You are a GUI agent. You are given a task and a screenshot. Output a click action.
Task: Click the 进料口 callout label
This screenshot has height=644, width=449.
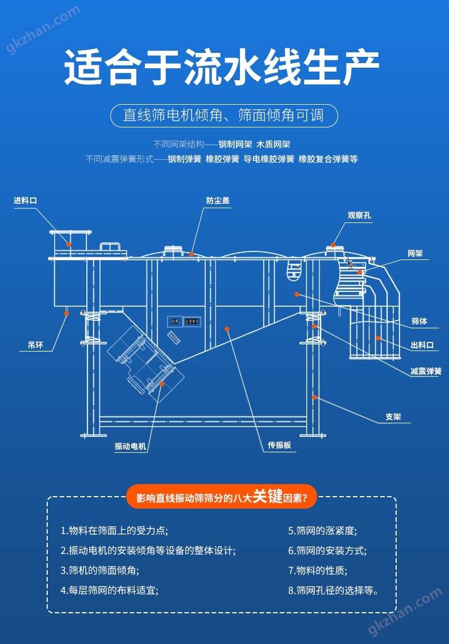(25, 200)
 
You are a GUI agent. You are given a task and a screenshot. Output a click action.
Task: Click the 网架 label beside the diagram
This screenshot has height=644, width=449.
(415, 253)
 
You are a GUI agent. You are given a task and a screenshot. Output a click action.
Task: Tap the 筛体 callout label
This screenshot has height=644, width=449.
(419, 321)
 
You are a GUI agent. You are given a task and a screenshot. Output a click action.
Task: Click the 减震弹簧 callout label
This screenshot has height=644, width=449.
(426, 371)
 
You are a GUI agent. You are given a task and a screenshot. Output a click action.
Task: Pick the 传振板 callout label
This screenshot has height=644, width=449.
(280, 445)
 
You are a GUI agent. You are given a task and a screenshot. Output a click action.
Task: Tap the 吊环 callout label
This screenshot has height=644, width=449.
(35, 345)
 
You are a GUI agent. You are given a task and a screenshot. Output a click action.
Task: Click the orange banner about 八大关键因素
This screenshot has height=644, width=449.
(222, 497)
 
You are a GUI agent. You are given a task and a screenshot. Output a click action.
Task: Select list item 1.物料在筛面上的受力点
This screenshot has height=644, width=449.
(114, 531)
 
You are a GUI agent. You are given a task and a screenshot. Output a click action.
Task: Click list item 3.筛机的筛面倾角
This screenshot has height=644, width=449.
(99, 569)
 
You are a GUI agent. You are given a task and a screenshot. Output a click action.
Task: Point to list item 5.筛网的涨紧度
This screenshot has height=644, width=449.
(322, 531)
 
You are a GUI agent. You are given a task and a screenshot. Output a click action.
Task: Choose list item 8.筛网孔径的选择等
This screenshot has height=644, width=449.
(333, 590)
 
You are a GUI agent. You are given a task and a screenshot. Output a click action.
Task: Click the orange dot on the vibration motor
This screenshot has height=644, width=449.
(162, 384)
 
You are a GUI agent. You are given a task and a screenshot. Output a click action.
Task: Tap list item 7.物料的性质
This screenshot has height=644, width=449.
(318, 569)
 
